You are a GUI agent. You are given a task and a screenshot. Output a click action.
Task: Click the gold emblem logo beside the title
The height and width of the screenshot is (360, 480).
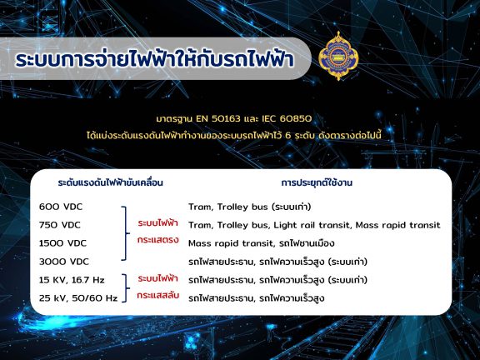pyautogui.click(x=338, y=56)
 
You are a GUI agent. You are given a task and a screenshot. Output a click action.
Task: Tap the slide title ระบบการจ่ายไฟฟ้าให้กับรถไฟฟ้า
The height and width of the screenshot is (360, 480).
pyautogui.click(x=155, y=58)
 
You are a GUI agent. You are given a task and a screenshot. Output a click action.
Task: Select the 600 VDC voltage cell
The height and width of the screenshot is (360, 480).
pyautogui.click(x=61, y=207)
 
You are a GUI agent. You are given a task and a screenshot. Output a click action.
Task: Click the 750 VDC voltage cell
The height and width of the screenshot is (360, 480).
pyautogui.click(x=60, y=225)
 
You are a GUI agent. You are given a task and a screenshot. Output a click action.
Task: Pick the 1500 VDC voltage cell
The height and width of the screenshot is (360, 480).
pyautogui.click(x=62, y=243)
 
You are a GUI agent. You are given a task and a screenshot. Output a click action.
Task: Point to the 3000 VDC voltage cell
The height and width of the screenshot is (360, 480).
pyautogui.click(x=64, y=262)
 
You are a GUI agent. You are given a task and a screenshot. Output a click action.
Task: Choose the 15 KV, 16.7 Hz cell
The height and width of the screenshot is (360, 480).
pyautogui.click(x=72, y=280)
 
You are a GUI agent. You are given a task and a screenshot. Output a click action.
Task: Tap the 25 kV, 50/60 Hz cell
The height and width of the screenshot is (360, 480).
pyautogui.click(x=78, y=298)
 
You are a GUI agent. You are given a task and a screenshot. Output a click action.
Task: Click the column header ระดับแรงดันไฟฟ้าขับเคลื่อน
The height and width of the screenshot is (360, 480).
pyautogui.click(x=111, y=182)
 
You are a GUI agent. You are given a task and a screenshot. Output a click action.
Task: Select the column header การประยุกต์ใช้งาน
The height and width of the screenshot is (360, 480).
pyautogui.click(x=317, y=182)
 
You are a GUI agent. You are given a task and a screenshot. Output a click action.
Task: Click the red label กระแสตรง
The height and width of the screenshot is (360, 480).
pyautogui.click(x=158, y=239)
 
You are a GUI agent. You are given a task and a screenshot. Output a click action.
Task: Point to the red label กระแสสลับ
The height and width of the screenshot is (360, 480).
pyautogui.click(x=158, y=295)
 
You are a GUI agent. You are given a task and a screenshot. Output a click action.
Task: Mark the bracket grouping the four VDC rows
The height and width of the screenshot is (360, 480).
pyautogui.click(x=125, y=233)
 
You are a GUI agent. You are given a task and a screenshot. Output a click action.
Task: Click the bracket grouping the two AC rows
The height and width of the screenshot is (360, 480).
pyautogui.click(x=126, y=288)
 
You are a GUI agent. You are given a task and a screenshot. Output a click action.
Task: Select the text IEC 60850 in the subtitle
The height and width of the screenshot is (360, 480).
pyautogui.click(x=287, y=118)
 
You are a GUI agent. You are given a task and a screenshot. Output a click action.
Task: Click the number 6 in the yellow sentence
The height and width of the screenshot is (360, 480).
pyautogui.click(x=287, y=135)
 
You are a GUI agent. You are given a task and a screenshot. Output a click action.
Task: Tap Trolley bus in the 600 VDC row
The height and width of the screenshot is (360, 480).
pyautogui.click(x=242, y=207)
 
